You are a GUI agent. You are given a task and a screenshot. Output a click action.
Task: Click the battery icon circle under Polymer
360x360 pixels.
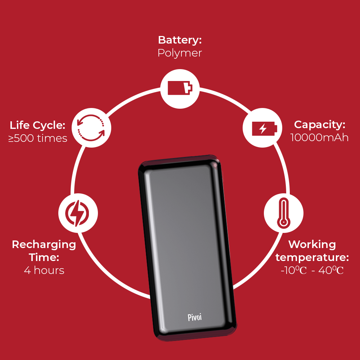click(180, 89)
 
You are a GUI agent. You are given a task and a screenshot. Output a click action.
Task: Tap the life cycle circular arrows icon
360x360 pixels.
click(91, 127)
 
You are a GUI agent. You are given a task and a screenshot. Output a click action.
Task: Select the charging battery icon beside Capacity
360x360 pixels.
click(265, 129)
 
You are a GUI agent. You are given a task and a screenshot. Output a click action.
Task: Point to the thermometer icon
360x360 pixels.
click(284, 213)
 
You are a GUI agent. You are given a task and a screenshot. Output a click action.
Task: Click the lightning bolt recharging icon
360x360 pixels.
click(77, 213)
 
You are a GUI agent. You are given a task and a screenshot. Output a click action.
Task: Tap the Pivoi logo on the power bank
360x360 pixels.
click(195, 317)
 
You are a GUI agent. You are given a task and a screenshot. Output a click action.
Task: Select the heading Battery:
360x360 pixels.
click(180, 40)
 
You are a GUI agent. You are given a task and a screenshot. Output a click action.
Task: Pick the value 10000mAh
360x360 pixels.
click(319, 138)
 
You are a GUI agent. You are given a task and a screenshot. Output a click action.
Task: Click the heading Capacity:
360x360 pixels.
click(320, 125)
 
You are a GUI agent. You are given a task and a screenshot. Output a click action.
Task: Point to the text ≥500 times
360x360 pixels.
click(38, 138)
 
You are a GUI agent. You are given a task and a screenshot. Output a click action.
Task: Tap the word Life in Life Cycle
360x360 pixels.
click(20, 125)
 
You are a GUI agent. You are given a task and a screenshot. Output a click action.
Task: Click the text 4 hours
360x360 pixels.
click(44, 270)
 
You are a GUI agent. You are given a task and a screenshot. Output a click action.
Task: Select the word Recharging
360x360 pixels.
click(44, 245)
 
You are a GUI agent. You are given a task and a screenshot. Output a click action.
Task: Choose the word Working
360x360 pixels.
click(312, 245)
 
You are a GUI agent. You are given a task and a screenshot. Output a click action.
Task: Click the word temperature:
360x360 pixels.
click(312, 257)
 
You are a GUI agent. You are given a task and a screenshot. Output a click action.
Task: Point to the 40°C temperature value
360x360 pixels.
click(331, 270)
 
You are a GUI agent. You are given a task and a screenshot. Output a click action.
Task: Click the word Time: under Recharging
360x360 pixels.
click(44, 257)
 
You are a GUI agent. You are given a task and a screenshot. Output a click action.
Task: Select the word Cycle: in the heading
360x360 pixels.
click(49, 126)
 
